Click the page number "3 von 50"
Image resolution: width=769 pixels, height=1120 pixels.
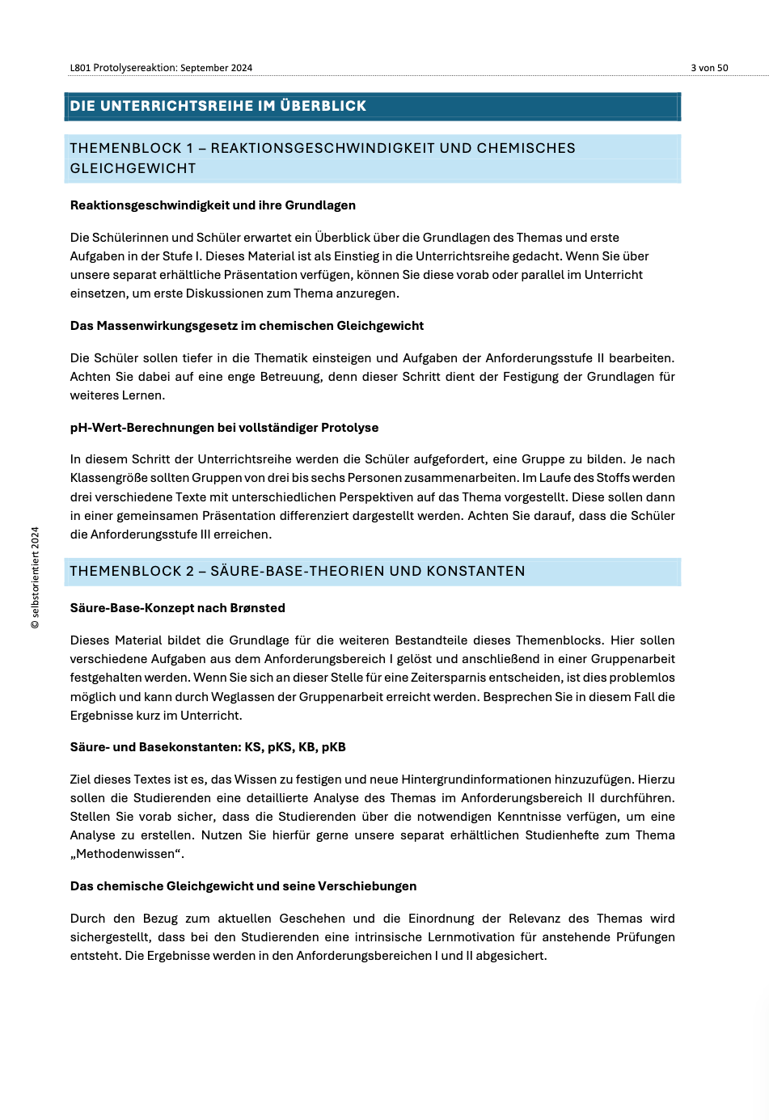(x=709, y=68)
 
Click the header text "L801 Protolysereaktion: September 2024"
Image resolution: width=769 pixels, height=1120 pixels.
(x=161, y=68)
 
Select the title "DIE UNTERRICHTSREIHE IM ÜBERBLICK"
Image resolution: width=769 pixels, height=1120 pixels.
(x=218, y=106)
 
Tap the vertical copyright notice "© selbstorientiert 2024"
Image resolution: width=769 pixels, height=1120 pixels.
(x=35, y=577)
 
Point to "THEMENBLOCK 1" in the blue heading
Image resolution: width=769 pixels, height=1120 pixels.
(x=125, y=148)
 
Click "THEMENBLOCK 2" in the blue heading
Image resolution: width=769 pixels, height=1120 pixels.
(x=125, y=571)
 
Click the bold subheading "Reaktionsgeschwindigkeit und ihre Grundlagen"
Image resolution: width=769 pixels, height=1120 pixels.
(x=213, y=205)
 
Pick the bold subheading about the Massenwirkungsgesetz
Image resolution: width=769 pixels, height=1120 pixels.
(x=247, y=326)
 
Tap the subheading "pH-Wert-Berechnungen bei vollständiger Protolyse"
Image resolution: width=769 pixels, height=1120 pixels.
(x=224, y=428)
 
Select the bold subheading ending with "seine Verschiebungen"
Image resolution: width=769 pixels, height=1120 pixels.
(x=243, y=886)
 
